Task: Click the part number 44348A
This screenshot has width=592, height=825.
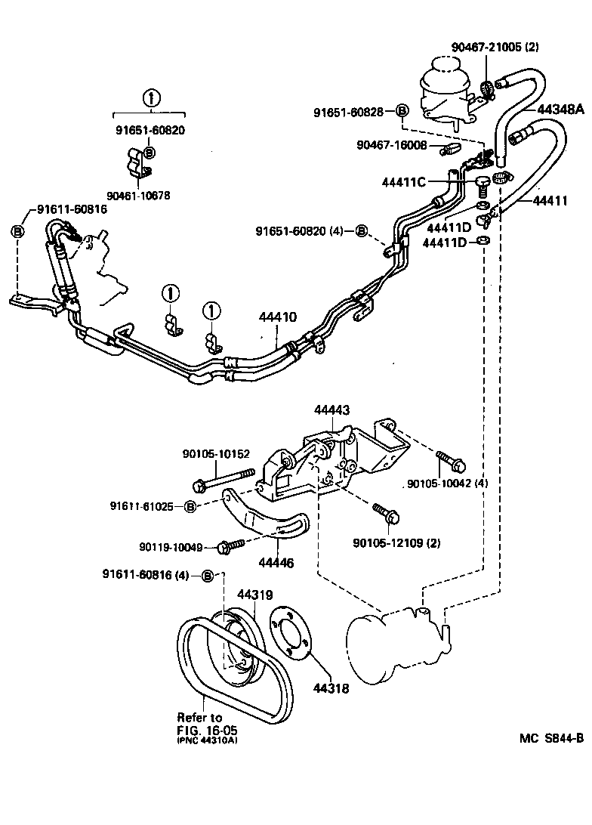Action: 561,109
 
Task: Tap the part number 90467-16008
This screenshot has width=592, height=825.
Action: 392,144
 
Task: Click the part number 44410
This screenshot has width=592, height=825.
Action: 278,318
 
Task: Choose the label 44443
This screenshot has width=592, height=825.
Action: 331,409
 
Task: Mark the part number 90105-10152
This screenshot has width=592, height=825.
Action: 214,454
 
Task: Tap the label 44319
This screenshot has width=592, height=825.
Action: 254,595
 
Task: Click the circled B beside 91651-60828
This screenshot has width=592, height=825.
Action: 402,112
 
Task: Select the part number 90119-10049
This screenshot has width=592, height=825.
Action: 171,546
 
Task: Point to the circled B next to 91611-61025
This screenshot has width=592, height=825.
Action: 190,505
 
